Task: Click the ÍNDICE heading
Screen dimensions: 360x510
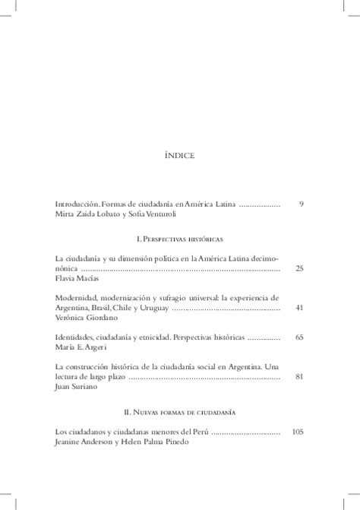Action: pos(179,156)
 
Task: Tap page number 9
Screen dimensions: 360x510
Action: pos(301,204)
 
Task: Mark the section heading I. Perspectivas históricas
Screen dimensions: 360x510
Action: pos(179,237)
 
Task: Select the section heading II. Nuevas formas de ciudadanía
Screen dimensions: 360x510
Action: pos(179,411)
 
